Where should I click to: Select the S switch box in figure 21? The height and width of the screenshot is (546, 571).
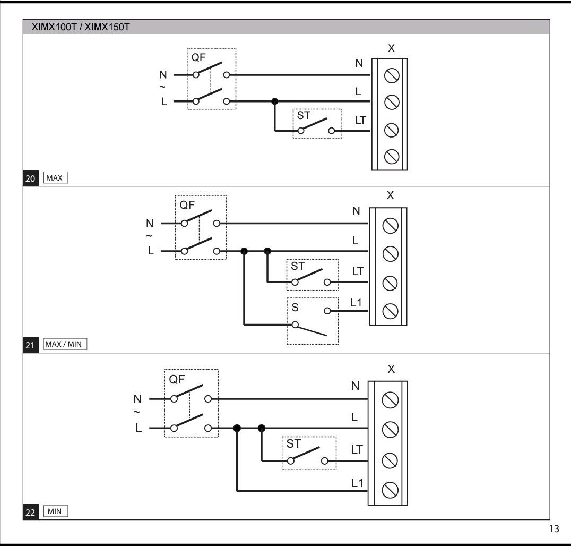click(312, 321)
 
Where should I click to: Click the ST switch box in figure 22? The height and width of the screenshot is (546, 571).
click(309, 453)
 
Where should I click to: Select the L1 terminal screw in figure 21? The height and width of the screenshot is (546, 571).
click(391, 309)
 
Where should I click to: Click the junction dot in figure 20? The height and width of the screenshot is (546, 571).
click(274, 101)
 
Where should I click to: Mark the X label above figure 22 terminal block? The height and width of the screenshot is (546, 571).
click(391, 369)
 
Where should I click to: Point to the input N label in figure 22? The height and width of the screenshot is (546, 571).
click(137, 398)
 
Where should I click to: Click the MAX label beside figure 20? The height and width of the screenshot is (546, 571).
click(54, 178)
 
